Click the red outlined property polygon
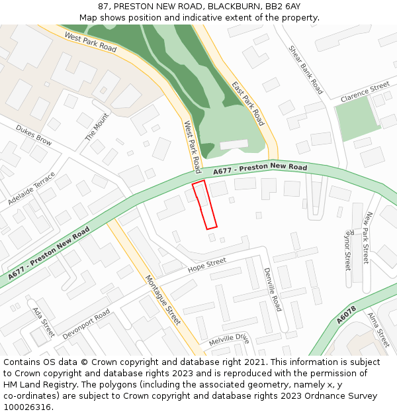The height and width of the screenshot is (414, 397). pos(205,205)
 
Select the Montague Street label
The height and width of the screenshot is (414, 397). pos(163,299)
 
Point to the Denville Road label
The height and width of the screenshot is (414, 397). pos(272,289)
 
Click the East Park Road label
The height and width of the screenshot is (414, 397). pos(248,103)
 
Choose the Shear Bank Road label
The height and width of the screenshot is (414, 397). pos(306,70)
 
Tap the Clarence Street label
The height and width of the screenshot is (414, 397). pos(365,92)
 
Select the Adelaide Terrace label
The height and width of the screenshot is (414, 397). pos(32,188)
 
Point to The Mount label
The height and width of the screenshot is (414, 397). pos(97,127)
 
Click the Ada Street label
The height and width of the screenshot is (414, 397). pos(44,321)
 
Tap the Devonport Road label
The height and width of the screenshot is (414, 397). pos(86,325)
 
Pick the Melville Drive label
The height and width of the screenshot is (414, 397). pos(228,339)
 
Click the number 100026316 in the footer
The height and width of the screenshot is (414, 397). pos(28,407)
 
